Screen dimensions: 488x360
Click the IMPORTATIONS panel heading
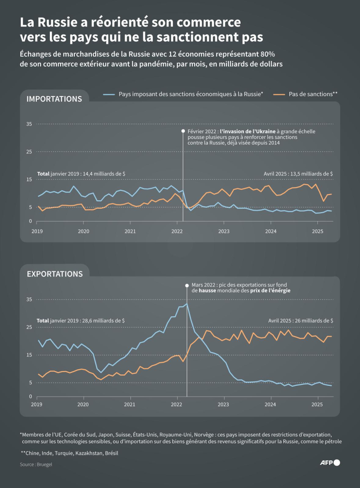[x=54, y=99]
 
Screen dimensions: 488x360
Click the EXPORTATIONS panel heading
[x=54, y=274]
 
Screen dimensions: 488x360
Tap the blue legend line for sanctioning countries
[x=109, y=94]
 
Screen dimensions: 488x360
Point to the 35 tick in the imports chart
[x=29, y=124]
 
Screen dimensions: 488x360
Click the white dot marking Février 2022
[x=183, y=131]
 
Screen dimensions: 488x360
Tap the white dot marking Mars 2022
[x=187, y=285]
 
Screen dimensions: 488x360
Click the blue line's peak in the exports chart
[x=187, y=304]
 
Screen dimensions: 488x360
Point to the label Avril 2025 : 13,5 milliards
[x=298, y=174]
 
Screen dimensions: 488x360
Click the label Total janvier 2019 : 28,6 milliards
[x=81, y=320]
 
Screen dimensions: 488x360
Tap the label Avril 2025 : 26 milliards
[x=300, y=320]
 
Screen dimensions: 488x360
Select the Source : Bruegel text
[x=36, y=464]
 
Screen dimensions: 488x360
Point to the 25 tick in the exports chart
[x=29, y=327]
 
